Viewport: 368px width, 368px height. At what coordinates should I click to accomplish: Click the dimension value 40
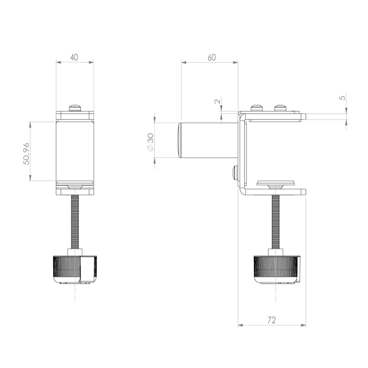tap(74, 57)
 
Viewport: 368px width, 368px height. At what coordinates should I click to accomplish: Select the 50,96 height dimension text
tap(26, 153)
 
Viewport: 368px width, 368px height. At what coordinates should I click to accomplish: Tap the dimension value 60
tap(211, 58)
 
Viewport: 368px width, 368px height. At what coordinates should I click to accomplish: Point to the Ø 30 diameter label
tap(150, 143)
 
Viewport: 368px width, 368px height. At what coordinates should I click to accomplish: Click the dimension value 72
tap(272, 320)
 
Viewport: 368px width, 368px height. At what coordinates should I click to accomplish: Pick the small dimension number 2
tap(217, 101)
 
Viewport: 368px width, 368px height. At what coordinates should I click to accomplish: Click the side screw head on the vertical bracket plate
tap(234, 173)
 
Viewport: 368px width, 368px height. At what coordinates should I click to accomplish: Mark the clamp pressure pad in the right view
tap(276, 182)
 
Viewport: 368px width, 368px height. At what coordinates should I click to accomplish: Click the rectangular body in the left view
tap(75, 151)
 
